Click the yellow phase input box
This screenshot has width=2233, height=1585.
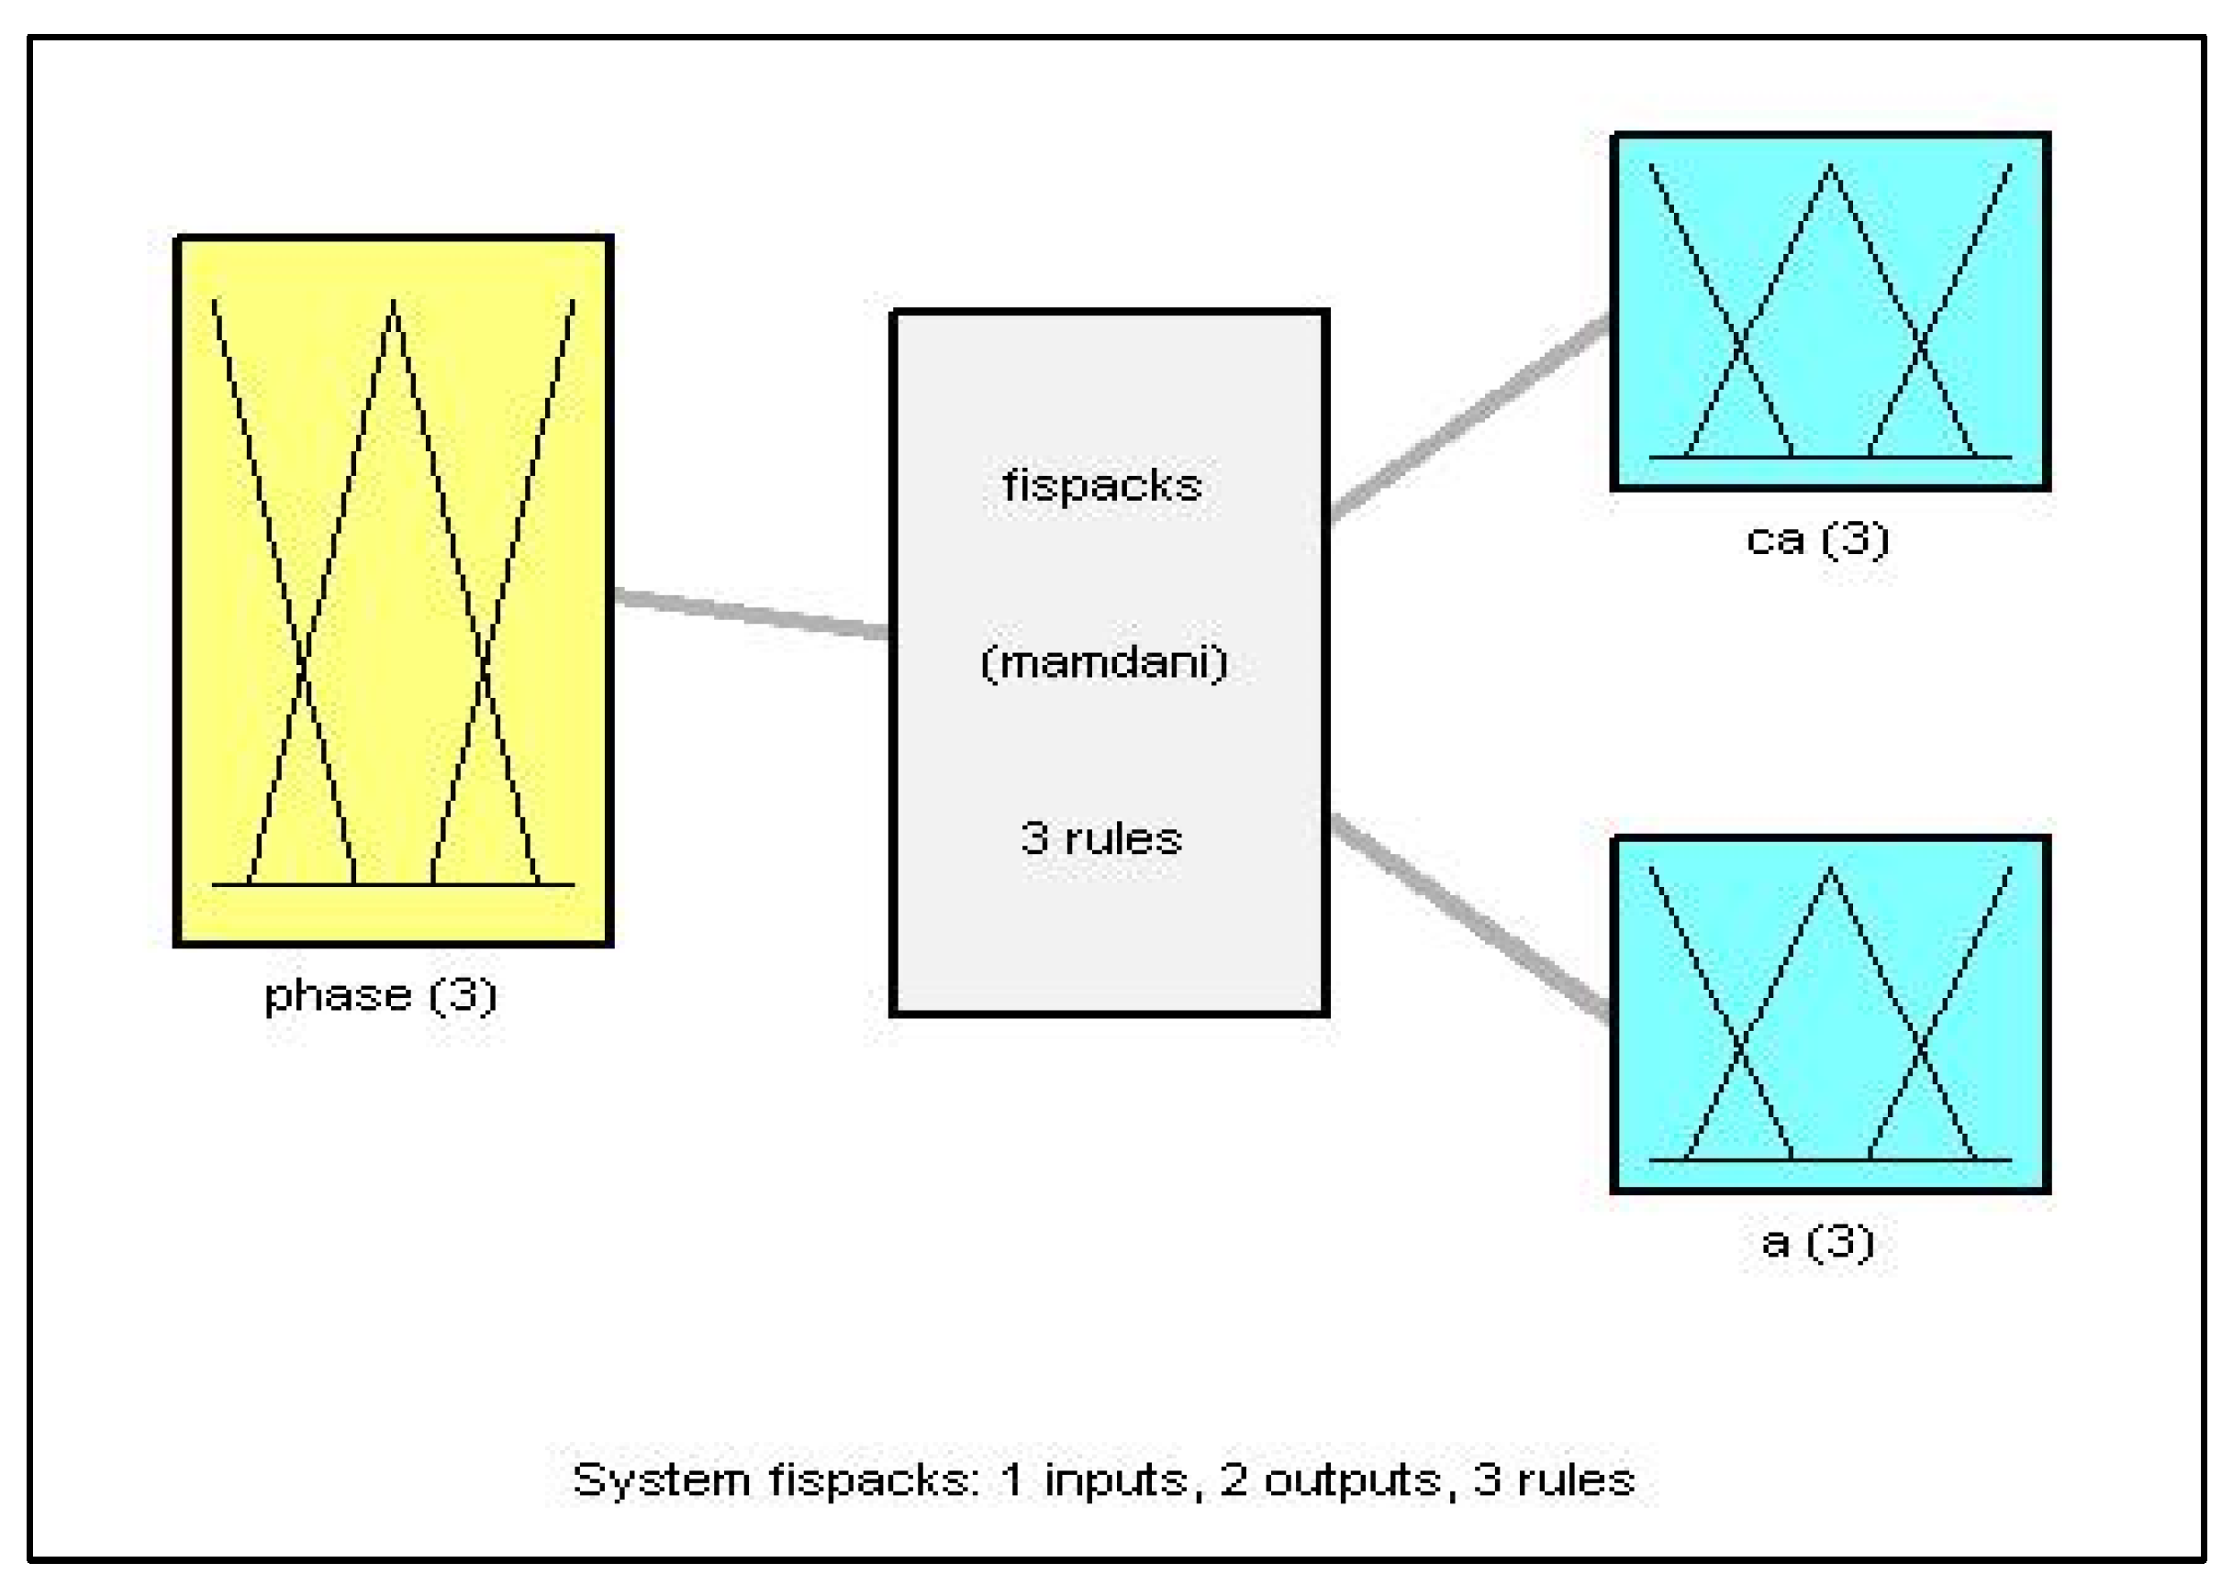pos(393,591)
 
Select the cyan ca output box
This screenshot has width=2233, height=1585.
pos(1830,310)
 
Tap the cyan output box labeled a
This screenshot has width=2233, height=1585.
pos(1830,1013)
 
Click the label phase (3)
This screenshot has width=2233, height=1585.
pos(381,995)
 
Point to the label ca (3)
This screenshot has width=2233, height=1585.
pos(1817,538)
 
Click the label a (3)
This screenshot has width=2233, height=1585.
pos(1817,1241)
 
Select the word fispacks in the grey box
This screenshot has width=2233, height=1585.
pos(1102,485)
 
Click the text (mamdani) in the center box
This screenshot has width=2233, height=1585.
pos(1104,662)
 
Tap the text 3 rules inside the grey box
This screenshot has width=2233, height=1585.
pos(1101,838)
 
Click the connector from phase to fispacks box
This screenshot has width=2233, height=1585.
pos(752,613)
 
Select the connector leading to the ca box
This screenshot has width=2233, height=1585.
pos(1469,416)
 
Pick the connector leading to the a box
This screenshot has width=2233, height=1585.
pos(1469,917)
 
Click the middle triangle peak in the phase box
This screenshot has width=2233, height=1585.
pos(394,305)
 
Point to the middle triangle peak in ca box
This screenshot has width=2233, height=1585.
pos(1830,169)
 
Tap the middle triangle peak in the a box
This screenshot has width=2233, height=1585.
pos(1830,871)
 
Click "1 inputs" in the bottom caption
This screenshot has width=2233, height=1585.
pos(1093,1480)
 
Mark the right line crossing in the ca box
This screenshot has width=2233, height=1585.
pos(1921,342)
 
